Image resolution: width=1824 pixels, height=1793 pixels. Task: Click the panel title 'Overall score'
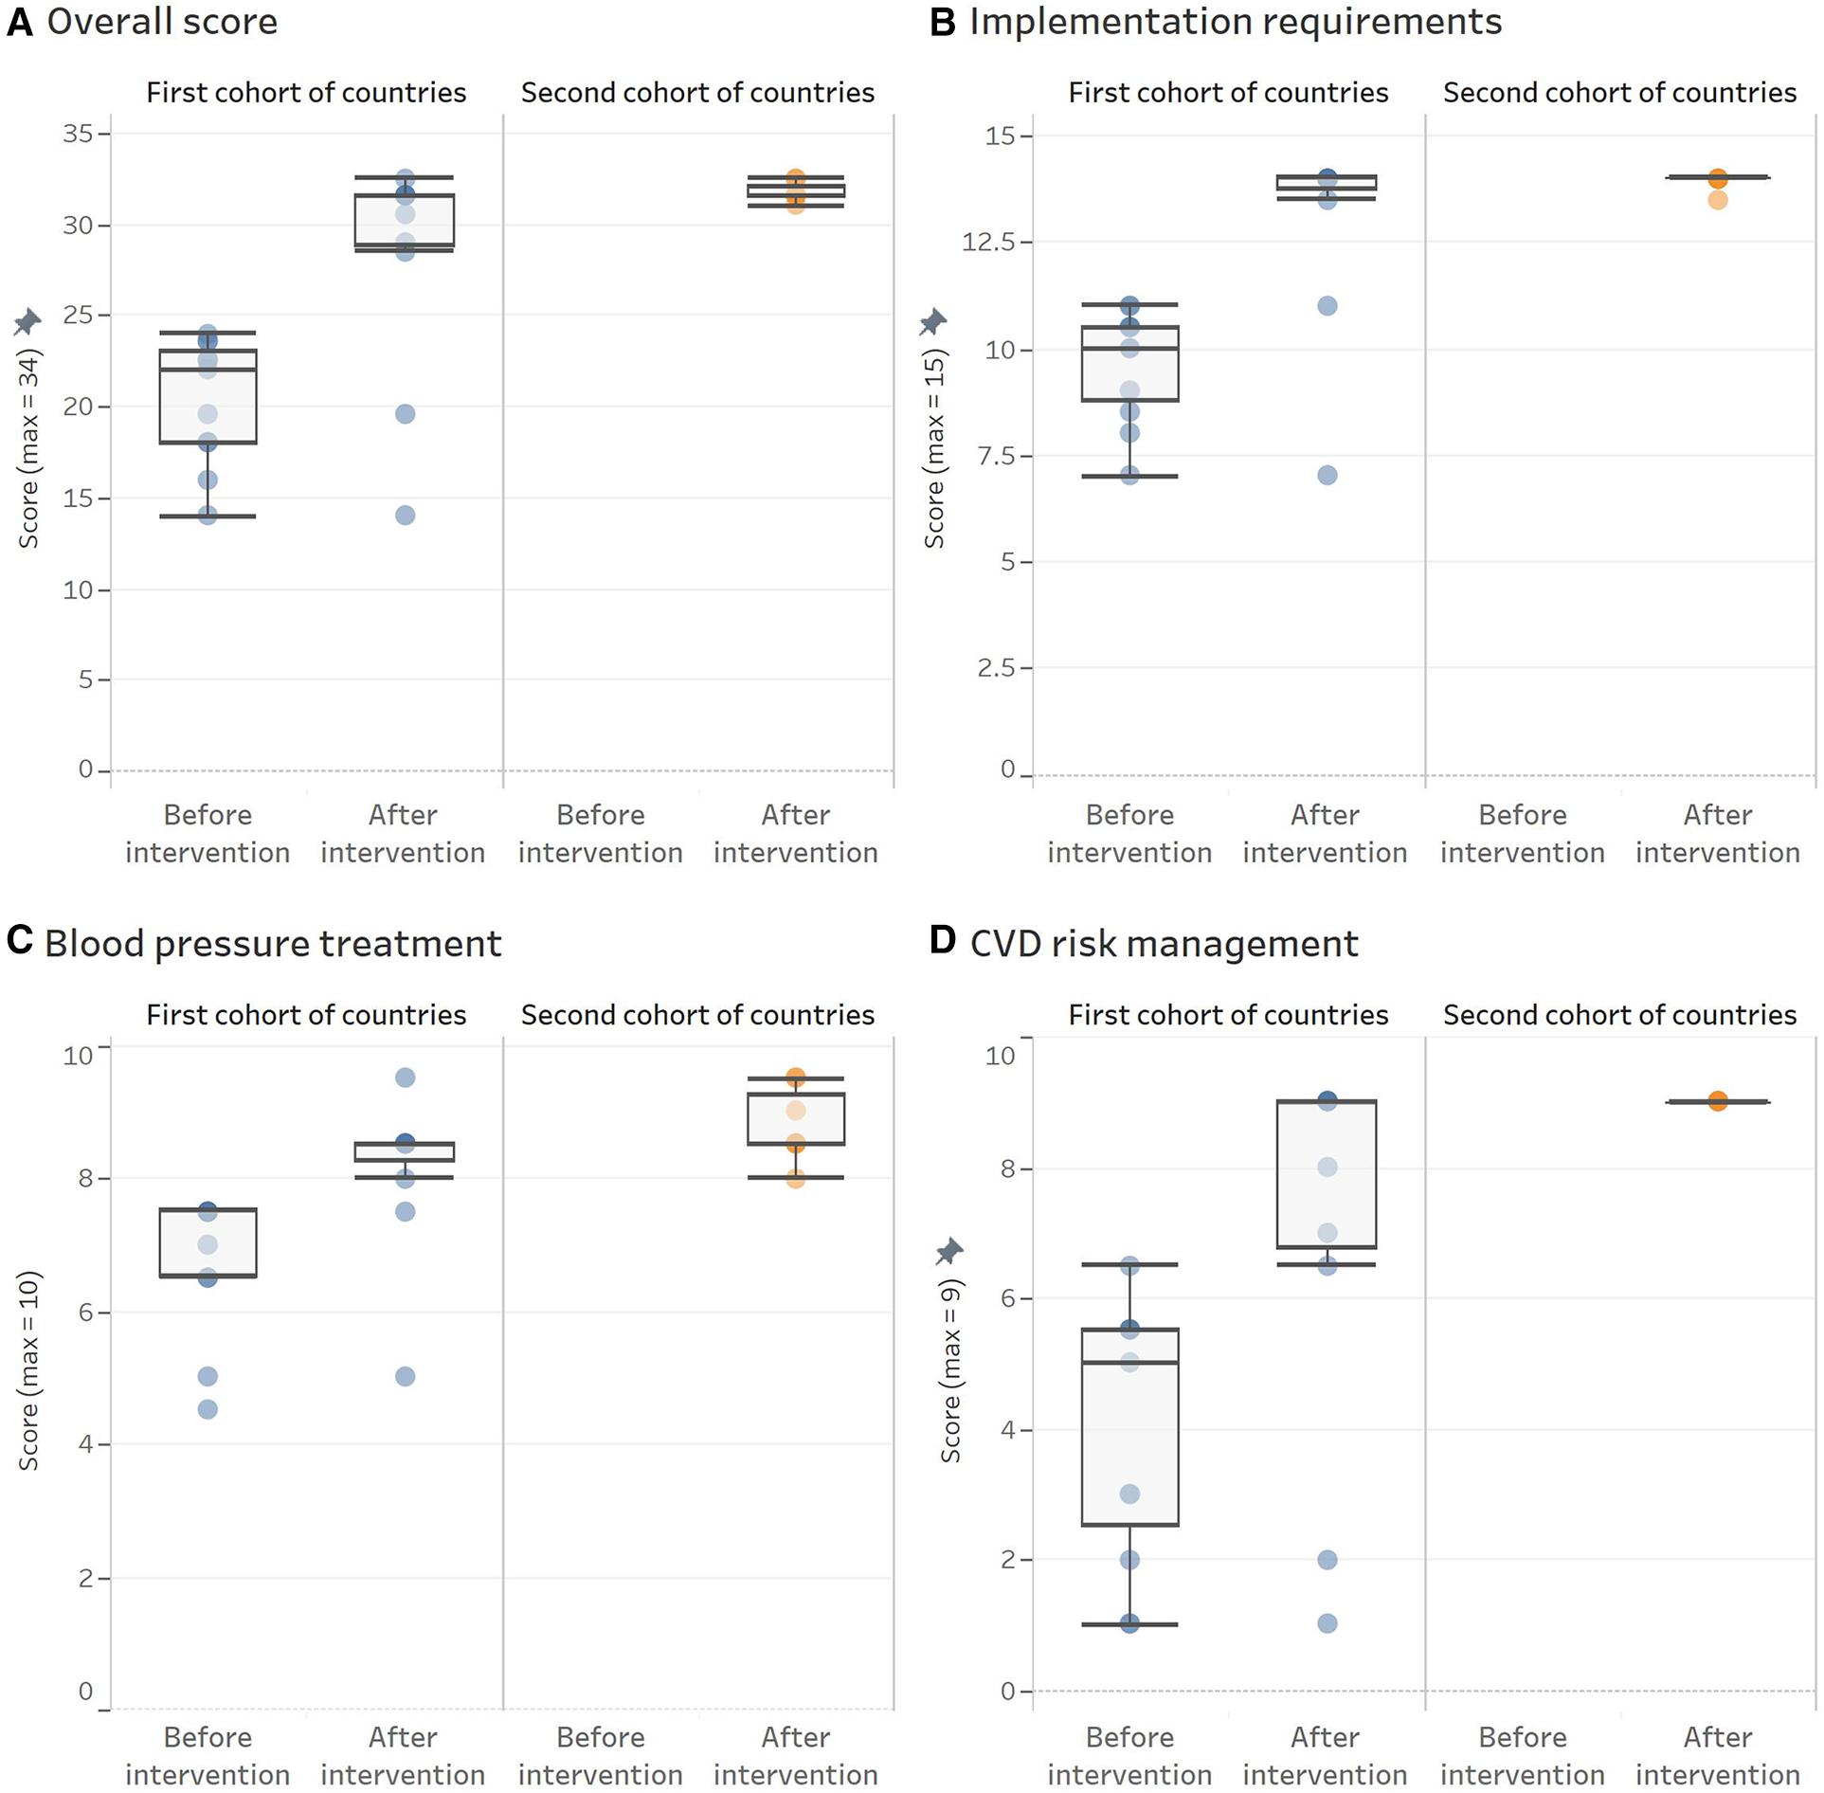pyautogui.click(x=162, y=22)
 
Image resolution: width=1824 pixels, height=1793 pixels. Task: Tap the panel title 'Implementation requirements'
pyautogui.click(x=1235, y=22)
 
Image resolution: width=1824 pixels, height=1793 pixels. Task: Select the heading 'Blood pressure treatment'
pyautogui.click(x=273, y=944)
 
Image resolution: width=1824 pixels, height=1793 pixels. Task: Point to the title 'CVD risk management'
pyautogui.click(x=1164, y=944)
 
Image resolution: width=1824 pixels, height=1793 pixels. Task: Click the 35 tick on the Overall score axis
pyautogui.click(x=79, y=134)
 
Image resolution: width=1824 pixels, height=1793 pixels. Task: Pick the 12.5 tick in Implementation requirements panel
pyautogui.click(x=988, y=243)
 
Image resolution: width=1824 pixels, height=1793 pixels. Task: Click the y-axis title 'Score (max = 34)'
pyautogui.click(x=29, y=448)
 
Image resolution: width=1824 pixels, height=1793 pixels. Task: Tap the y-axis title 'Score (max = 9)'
pyautogui.click(x=950, y=1370)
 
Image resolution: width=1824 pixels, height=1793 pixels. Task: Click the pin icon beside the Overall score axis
pyautogui.click(x=27, y=322)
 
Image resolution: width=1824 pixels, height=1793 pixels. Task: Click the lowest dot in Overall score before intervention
pyautogui.click(x=208, y=516)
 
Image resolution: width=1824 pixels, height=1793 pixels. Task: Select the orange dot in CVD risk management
pyautogui.click(x=1718, y=1101)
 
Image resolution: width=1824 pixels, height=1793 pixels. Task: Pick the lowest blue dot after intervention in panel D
pyautogui.click(x=1327, y=1623)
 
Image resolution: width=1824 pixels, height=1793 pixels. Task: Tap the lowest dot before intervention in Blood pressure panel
pyautogui.click(x=208, y=1409)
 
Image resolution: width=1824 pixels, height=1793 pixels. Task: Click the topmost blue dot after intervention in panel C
pyautogui.click(x=405, y=1078)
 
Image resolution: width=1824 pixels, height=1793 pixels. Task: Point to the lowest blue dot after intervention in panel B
pyautogui.click(x=1327, y=475)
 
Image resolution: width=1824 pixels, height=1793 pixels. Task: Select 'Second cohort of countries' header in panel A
pyautogui.click(x=697, y=93)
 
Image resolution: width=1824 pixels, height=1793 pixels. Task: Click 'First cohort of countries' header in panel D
pyautogui.click(x=1228, y=1015)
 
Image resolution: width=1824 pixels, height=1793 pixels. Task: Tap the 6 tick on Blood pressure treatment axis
pyautogui.click(x=85, y=1313)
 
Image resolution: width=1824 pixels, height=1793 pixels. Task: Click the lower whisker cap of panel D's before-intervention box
pyautogui.click(x=1129, y=1624)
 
